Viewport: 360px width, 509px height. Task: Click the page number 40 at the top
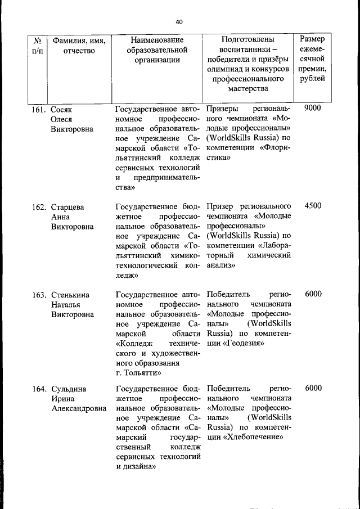(x=179, y=22)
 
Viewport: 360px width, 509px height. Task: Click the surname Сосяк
(x=62, y=109)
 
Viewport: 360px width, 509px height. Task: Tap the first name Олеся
(x=62, y=119)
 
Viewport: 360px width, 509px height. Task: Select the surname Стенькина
(x=70, y=294)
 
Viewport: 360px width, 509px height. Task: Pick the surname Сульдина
(x=69, y=389)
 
